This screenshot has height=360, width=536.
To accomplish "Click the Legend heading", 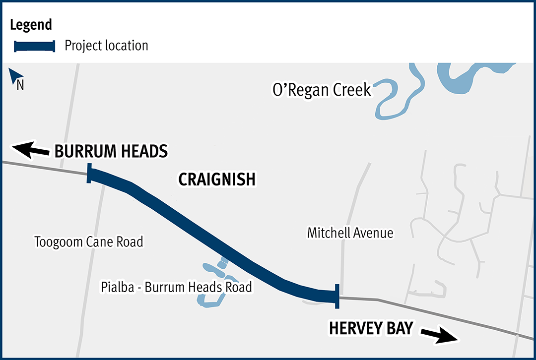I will (x=31, y=24).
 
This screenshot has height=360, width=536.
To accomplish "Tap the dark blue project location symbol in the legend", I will (x=34, y=46).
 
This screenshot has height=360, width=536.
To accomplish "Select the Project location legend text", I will (x=107, y=46).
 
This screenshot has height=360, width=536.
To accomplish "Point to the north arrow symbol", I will (x=14, y=76).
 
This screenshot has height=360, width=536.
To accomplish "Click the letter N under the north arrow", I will (x=20, y=86).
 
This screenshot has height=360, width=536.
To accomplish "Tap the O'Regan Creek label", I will (x=322, y=90).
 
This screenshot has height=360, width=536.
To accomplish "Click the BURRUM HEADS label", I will (x=111, y=151).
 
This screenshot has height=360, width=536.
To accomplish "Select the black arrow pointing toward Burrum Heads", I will (x=30, y=149).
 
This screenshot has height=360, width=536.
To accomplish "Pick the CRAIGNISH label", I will (x=217, y=180).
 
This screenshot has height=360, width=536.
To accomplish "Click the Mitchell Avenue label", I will (x=350, y=233).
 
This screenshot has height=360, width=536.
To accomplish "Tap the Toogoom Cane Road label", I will (x=88, y=242).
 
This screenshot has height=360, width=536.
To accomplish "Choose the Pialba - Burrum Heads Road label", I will (x=176, y=287).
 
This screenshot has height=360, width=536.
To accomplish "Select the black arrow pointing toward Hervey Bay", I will (x=440, y=335).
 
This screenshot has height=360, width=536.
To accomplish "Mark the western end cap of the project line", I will (x=89, y=174).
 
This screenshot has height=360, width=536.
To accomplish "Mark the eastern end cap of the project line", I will (x=337, y=296).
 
